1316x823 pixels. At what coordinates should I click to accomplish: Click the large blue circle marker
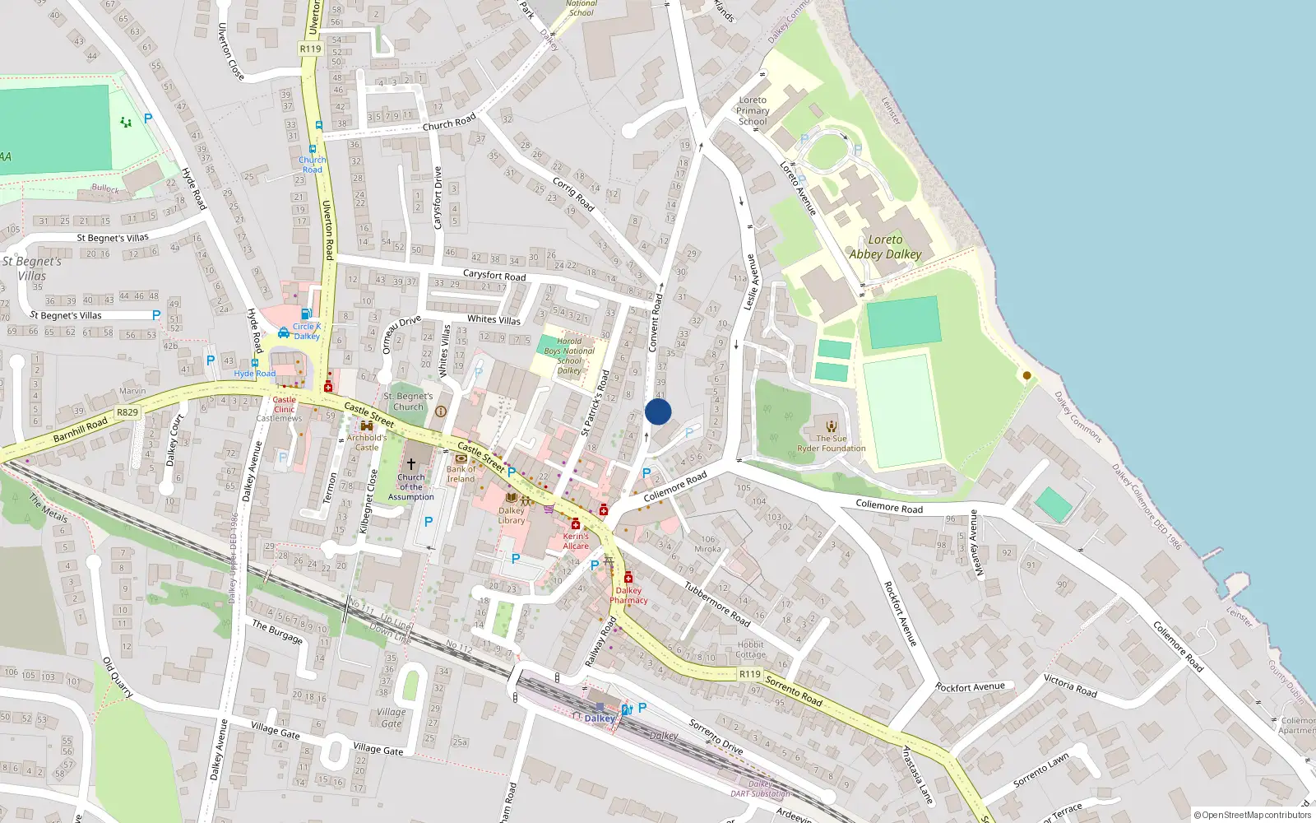click(x=658, y=411)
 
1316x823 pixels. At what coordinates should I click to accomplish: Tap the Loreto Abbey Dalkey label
click(x=885, y=247)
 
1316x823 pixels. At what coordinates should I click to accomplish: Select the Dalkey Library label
click(x=511, y=515)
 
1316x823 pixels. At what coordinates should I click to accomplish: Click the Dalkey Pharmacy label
click(x=628, y=595)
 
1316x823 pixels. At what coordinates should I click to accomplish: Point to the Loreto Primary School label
click(x=753, y=111)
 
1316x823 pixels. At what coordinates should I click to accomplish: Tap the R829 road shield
click(x=127, y=412)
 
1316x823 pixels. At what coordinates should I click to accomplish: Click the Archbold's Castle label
click(x=367, y=442)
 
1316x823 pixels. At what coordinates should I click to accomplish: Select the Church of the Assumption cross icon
click(x=411, y=464)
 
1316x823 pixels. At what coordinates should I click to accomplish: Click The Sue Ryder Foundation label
click(x=831, y=444)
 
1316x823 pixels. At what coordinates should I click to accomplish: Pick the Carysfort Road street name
click(x=493, y=275)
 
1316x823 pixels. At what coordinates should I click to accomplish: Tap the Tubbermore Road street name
click(x=717, y=603)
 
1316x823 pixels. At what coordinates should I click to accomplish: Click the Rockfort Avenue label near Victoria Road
click(x=970, y=687)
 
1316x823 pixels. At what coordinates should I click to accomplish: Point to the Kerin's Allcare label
click(x=576, y=541)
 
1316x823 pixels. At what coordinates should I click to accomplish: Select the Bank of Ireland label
click(x=461, y=474)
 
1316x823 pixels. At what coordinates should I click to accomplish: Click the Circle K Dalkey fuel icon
click(x=305, y=314)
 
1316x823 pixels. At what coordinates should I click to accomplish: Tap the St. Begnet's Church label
click(x=408, y=401)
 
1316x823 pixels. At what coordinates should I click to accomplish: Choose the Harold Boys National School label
click(x=569, y=356)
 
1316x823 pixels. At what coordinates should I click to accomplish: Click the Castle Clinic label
click(x=284, y=404)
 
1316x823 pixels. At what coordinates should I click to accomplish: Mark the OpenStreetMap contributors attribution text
click(x=1252, y=816)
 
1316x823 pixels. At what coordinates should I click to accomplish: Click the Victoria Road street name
click(x=1070, y=686)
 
